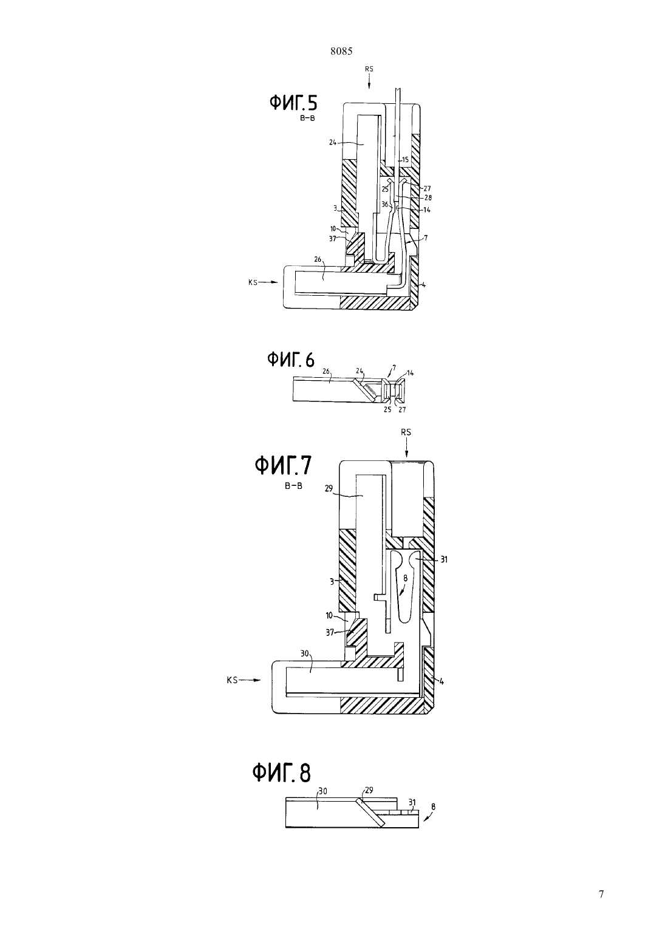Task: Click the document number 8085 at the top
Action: point(341,51)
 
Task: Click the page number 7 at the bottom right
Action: point(601,894)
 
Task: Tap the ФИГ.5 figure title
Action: point(293,103)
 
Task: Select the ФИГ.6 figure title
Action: point(290,360)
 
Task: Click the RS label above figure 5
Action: point(369,69)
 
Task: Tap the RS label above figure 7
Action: point(406,432)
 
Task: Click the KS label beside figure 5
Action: point(253,282)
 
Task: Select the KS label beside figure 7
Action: point(232,680)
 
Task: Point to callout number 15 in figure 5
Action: point(405,160)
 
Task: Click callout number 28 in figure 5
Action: point(428,197)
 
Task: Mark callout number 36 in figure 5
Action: point(385,204)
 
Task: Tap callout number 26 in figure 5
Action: point(318,259)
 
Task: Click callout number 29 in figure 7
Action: point(329,488)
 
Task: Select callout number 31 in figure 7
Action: point(444,559)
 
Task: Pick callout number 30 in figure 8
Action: point(322,791)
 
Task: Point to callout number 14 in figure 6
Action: point(411,373)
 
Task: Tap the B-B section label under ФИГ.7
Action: point(293,486)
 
